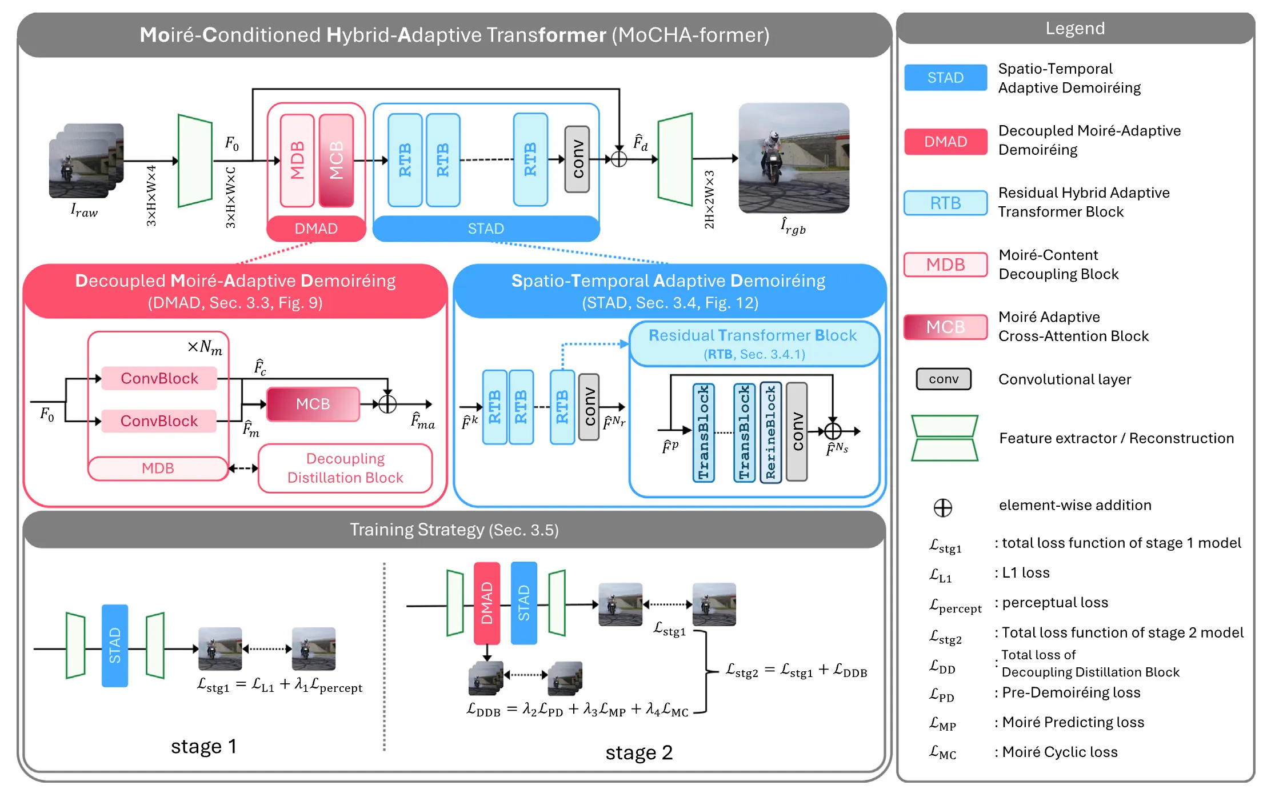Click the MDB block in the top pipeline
pyautogui.click(x=297, y=160)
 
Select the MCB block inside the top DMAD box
pyautogui.click(x=336, y=160)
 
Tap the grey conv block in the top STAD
pyautogui.click(x=577, y=159)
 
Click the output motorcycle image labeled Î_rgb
pyautogui.click(x=793, y=158)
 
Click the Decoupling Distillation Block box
pyautogui.click(x=345, y=468)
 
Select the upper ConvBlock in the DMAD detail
pyautogui.click(x=159, y=378)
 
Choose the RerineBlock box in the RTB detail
pyautogui.click(x=770, y=432)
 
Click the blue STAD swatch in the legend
pyautogui.click(x=945, y=78)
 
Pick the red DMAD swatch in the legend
pyautogui.click(x=945, y=142)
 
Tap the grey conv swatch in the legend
pyautogui.click(x=944, y=379)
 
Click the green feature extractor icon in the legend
pyautogui.click(x=944, y=438)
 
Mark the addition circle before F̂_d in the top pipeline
pyautogui.click(x=619, y=159)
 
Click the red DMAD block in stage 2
pyautogui.click(x=486, y=603)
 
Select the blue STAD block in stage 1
pyautogui.click(x=115, y=646)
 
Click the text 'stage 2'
pyautogui.click(x=639, y=752)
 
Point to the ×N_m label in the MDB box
pyautogui.click(x=205, y=347)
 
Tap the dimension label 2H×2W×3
pyautogui.click(x=709, y=199)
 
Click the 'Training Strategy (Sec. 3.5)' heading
pyautogui.click(x=454, y=530)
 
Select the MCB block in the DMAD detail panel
pyautogui.click(x=313, y=404)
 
